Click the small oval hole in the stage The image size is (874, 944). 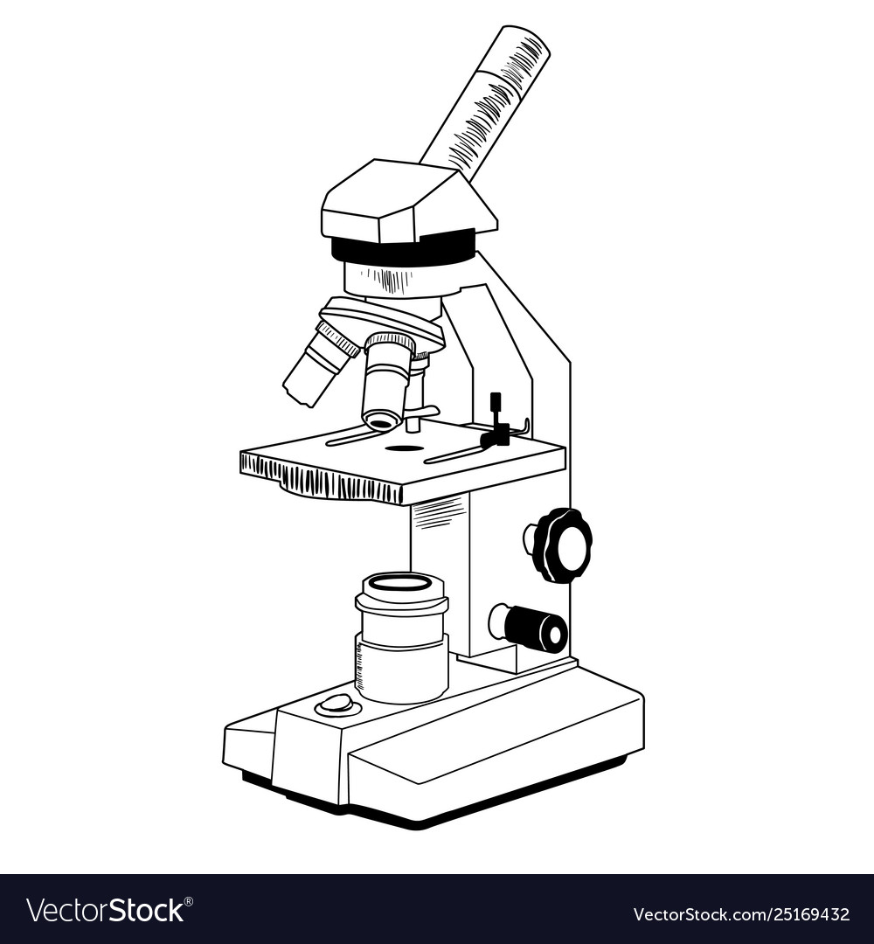[x=405, y=448]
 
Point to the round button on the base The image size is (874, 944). [x=336, y=703]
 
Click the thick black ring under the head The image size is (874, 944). [x=403, y=251]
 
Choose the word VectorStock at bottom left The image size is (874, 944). [x=105, y=911]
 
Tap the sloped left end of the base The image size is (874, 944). [x=249, y=743]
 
